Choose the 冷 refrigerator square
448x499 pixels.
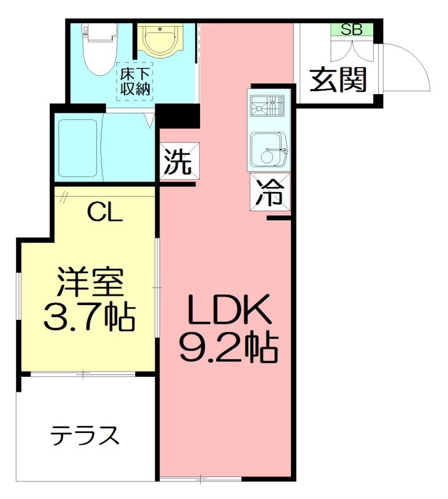tap(270, 194)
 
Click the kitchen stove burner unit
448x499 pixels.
tap(267, 107)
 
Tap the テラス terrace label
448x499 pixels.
tap(85, 435)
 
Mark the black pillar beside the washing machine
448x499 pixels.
tap(178, 116)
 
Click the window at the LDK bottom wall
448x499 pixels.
tap(200, 479)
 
